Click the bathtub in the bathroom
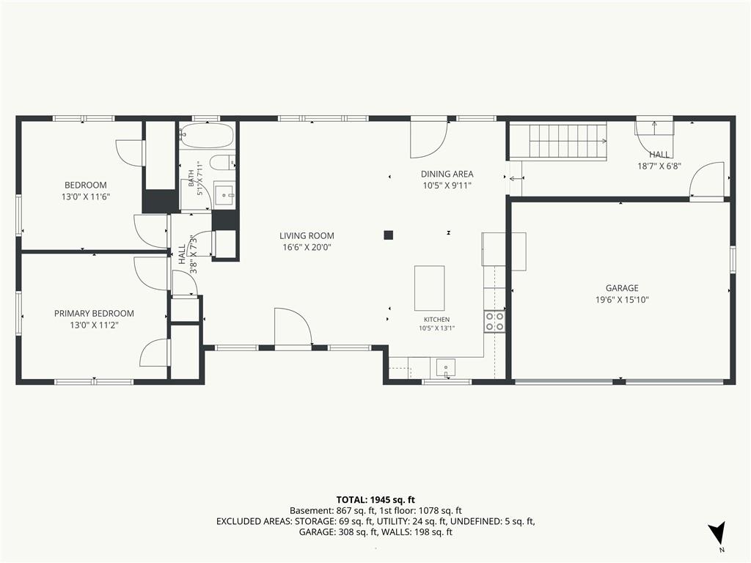(x=207, y=136)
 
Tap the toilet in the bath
(x=223, y=163)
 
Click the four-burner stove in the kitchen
(x=494, y=321)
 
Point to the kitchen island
(x=429, y=288)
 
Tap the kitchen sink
(x=446, y=368)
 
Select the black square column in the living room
(x=389, y=235)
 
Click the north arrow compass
(x=717, y=532)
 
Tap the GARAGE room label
(x=622, y=287)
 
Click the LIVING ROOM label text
(x=307, y=235)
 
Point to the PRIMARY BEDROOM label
(x=94, y=314)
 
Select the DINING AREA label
(x=447, y=174)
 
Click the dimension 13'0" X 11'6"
(x=86, y=196)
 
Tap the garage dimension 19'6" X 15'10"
(x=622, y=300)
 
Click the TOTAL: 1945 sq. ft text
(x=375, y=500)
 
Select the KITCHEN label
(x=436, y=320)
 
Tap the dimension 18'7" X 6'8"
(x=659, y=166)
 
